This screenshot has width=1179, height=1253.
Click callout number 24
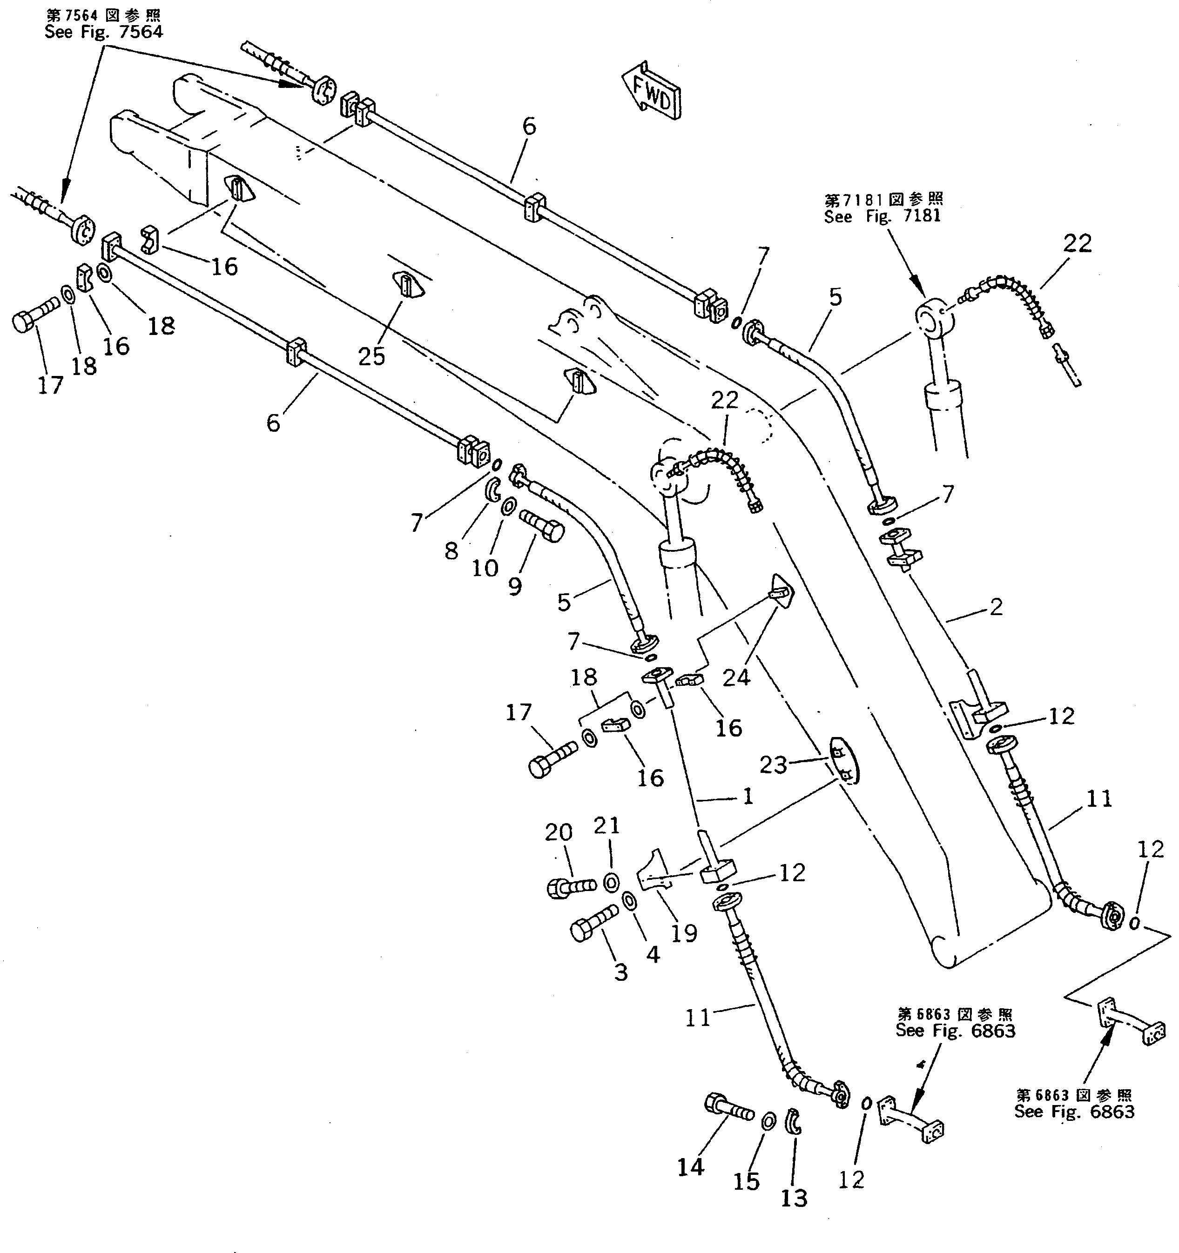tap(736, 677)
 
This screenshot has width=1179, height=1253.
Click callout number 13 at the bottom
tap(794, 1198)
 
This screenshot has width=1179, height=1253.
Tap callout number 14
tap(690, 1168)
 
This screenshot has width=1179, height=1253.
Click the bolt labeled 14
tap(728, 1107)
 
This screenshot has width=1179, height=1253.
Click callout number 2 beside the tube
tap(996, 607)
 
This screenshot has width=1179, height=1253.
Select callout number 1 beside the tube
tap(748, 797)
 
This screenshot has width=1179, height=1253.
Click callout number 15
tap(746, 1182)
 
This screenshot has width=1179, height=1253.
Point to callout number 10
tap(485, 568)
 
